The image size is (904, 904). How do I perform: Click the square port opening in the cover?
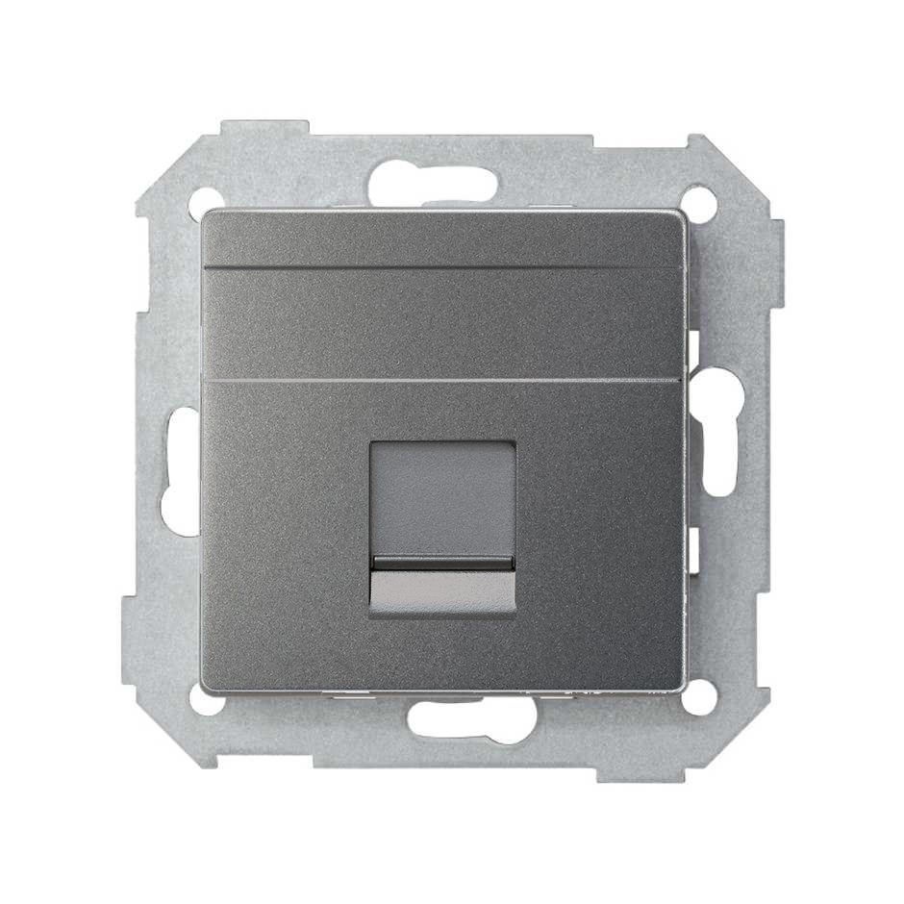[442, 528]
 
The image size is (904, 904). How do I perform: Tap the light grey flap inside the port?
[442, 590]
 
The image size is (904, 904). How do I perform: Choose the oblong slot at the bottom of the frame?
[471, 718]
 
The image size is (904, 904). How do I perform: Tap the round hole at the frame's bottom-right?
[699, 699]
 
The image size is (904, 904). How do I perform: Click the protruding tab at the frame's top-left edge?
[264, 129]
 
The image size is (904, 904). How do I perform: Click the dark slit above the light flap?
[442, 564]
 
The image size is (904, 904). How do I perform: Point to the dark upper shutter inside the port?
[442, 500]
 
